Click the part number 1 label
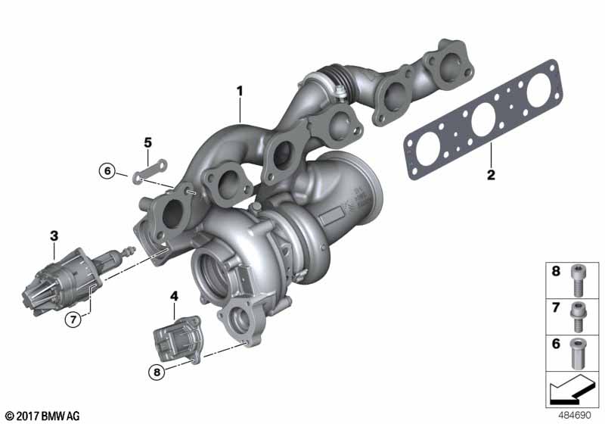point(240,92)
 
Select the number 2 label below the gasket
point(491,175)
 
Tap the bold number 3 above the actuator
point(54,236)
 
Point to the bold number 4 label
point(175,297)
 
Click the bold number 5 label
point(148,143)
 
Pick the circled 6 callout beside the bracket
point(107,170)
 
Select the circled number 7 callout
point(73,319)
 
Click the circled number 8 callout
point(157,372)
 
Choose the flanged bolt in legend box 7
point(578,317)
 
